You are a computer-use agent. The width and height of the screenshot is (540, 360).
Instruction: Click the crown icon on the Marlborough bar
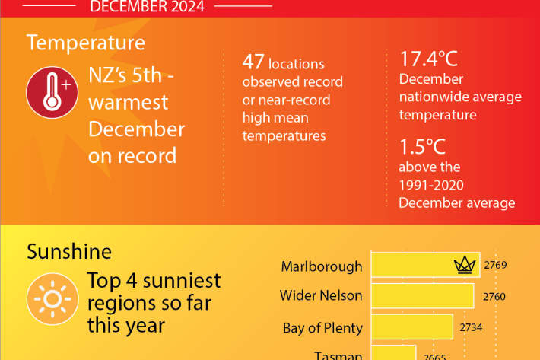click(x=463, y=266)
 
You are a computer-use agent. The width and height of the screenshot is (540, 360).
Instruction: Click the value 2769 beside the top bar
click(x=494, y=266)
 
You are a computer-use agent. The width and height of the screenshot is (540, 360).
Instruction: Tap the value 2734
click(x=471, y=328)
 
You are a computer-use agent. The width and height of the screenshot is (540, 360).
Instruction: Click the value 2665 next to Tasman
click(x=434, y=355)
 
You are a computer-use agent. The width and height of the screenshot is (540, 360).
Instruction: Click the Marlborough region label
click(x=322, y=266)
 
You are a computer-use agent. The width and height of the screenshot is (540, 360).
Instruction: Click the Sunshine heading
click(x=69, y=250)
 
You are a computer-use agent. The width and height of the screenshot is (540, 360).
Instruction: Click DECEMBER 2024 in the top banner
click(x=147, y=7)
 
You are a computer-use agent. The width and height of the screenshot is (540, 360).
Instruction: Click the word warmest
click(x=129, y=101)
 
